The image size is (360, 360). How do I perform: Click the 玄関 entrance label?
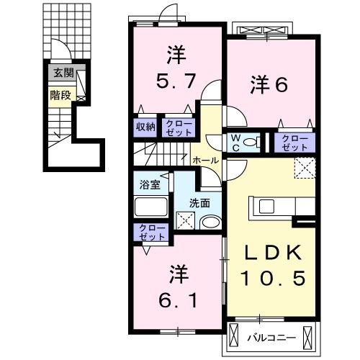click(x=62, y=73)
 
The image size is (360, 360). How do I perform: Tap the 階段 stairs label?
click(x=60, y=94)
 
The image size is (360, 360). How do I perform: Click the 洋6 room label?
click(x=269, y=85)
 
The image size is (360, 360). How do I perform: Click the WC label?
click(x=235, y=141)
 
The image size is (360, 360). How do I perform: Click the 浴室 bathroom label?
click(x=150, y=184)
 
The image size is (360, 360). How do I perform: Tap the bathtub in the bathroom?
click(x=151, y=207)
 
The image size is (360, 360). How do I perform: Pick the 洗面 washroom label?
click(x=199, y=202)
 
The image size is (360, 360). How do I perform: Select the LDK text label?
click(x=273, y=252)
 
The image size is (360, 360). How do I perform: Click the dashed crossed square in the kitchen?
click(x=305, y=168)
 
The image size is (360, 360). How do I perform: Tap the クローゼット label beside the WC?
click(x=294, y=141)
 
